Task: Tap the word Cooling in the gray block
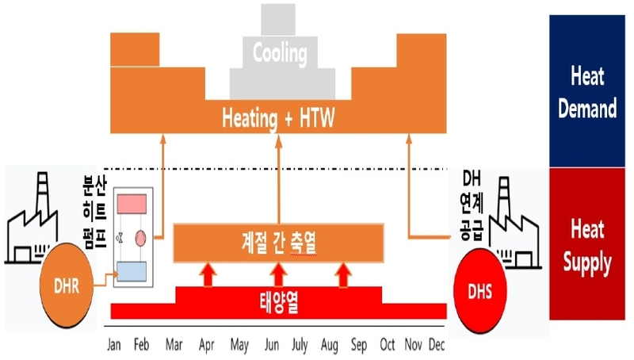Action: click(x=279, y=54)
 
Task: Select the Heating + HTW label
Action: click(x=279, y=120)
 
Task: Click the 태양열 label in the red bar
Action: click(x=278, y=301)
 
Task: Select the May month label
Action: click(x=239, y=346)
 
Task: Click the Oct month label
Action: click(x=388, y=346)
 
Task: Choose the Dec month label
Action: click(x=437, y=346)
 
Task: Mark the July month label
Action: click(x=300, y=346)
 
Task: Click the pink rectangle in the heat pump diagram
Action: click(x=135, y=205)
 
